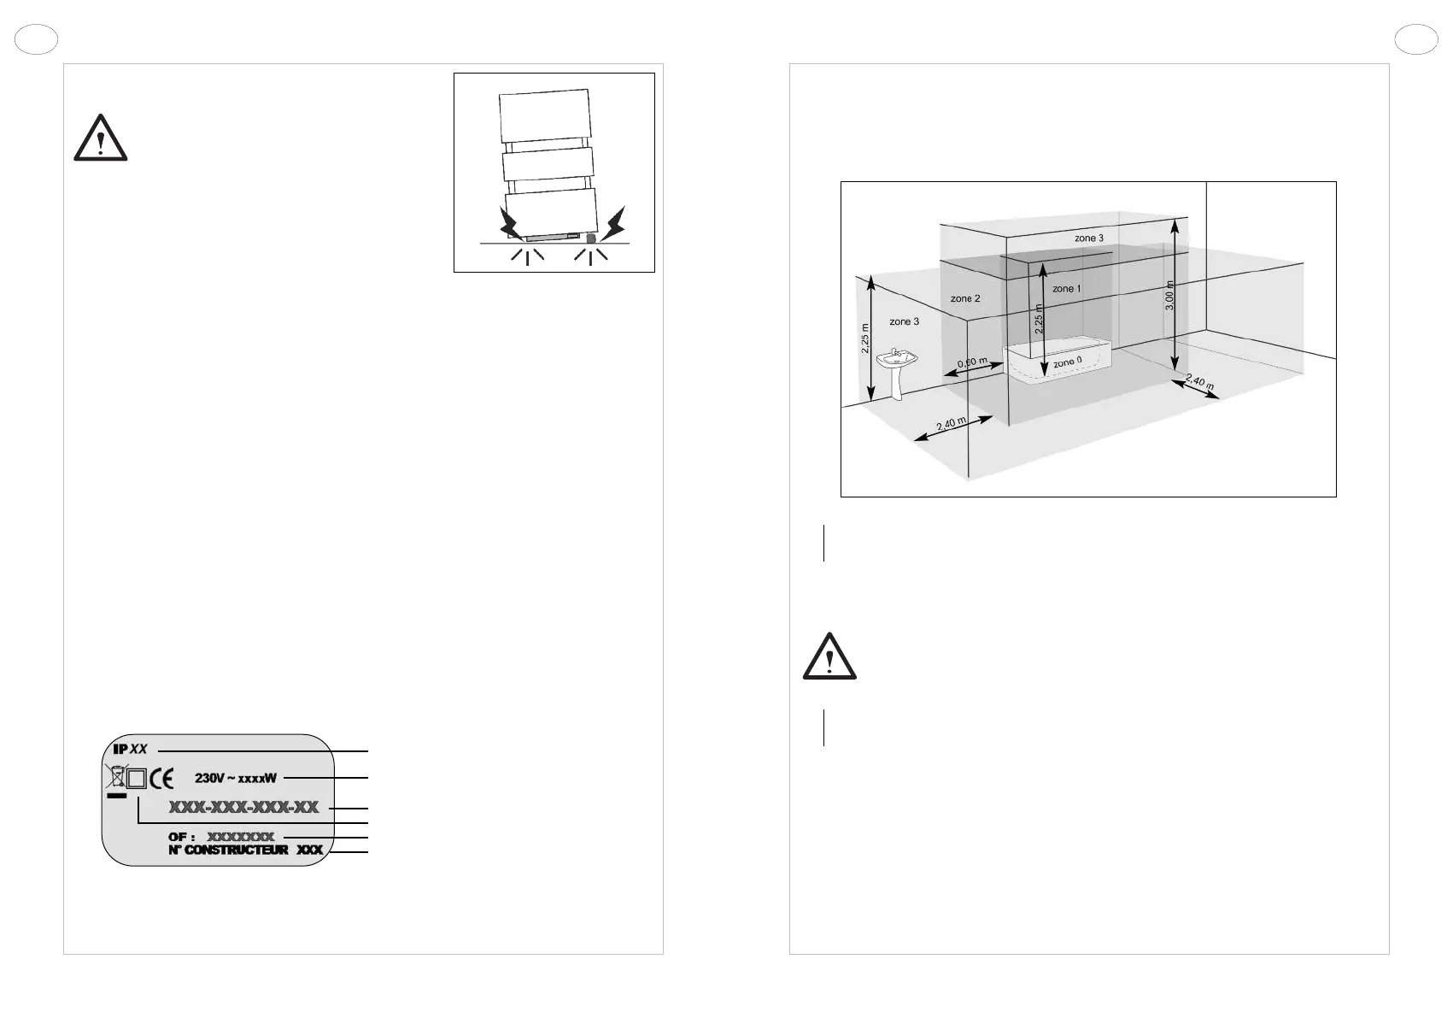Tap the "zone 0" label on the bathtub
pos(1067,362)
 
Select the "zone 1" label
pos(1066,289)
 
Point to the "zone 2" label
pos(965,299)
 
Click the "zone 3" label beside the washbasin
pos(904,321)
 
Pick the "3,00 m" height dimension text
pos(1170,296)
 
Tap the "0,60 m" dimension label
pos(972,363)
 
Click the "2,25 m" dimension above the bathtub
pos(1039,319)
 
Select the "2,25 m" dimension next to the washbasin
pos(864,338)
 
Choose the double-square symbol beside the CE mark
pos(137,779)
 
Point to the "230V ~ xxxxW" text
pos(236,779)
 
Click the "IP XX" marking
pos(130,750)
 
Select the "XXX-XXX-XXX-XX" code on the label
pos(243,808)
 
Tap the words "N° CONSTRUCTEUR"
pos(228,850)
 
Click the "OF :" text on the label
pos(181,836)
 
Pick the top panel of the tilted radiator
pos(544,115)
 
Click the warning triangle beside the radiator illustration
pos(101,138)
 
